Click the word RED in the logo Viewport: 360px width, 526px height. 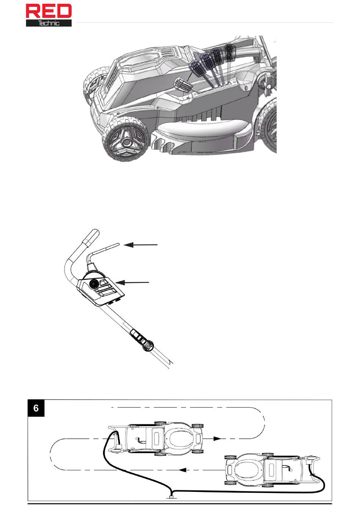(x=49, y=11)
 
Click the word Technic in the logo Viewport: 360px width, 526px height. (x=49, y=23)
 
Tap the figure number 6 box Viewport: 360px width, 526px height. (x=36, y=408)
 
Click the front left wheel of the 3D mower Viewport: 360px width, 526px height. (x=125, y=140)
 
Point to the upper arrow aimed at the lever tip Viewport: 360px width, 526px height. (x=140, y=245)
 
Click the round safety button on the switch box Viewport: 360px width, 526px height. (x=94, y=284)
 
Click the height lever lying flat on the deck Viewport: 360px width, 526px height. (x=183, y=85)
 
